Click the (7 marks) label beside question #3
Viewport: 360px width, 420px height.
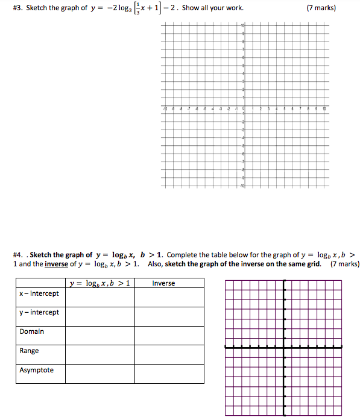point(321,8)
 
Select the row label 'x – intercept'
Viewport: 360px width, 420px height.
point(39,293)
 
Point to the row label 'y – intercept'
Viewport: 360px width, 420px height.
point(39,312)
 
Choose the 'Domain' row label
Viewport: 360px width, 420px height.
point(31,331)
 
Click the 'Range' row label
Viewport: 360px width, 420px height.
point(29,351)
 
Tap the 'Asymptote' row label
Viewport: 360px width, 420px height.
point(36,370)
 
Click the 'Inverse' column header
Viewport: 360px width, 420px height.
point(163,283)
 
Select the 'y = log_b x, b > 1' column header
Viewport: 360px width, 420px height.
point(99,283)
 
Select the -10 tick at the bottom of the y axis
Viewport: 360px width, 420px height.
point(243,187)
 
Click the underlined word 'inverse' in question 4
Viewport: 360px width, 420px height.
point(56,264)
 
